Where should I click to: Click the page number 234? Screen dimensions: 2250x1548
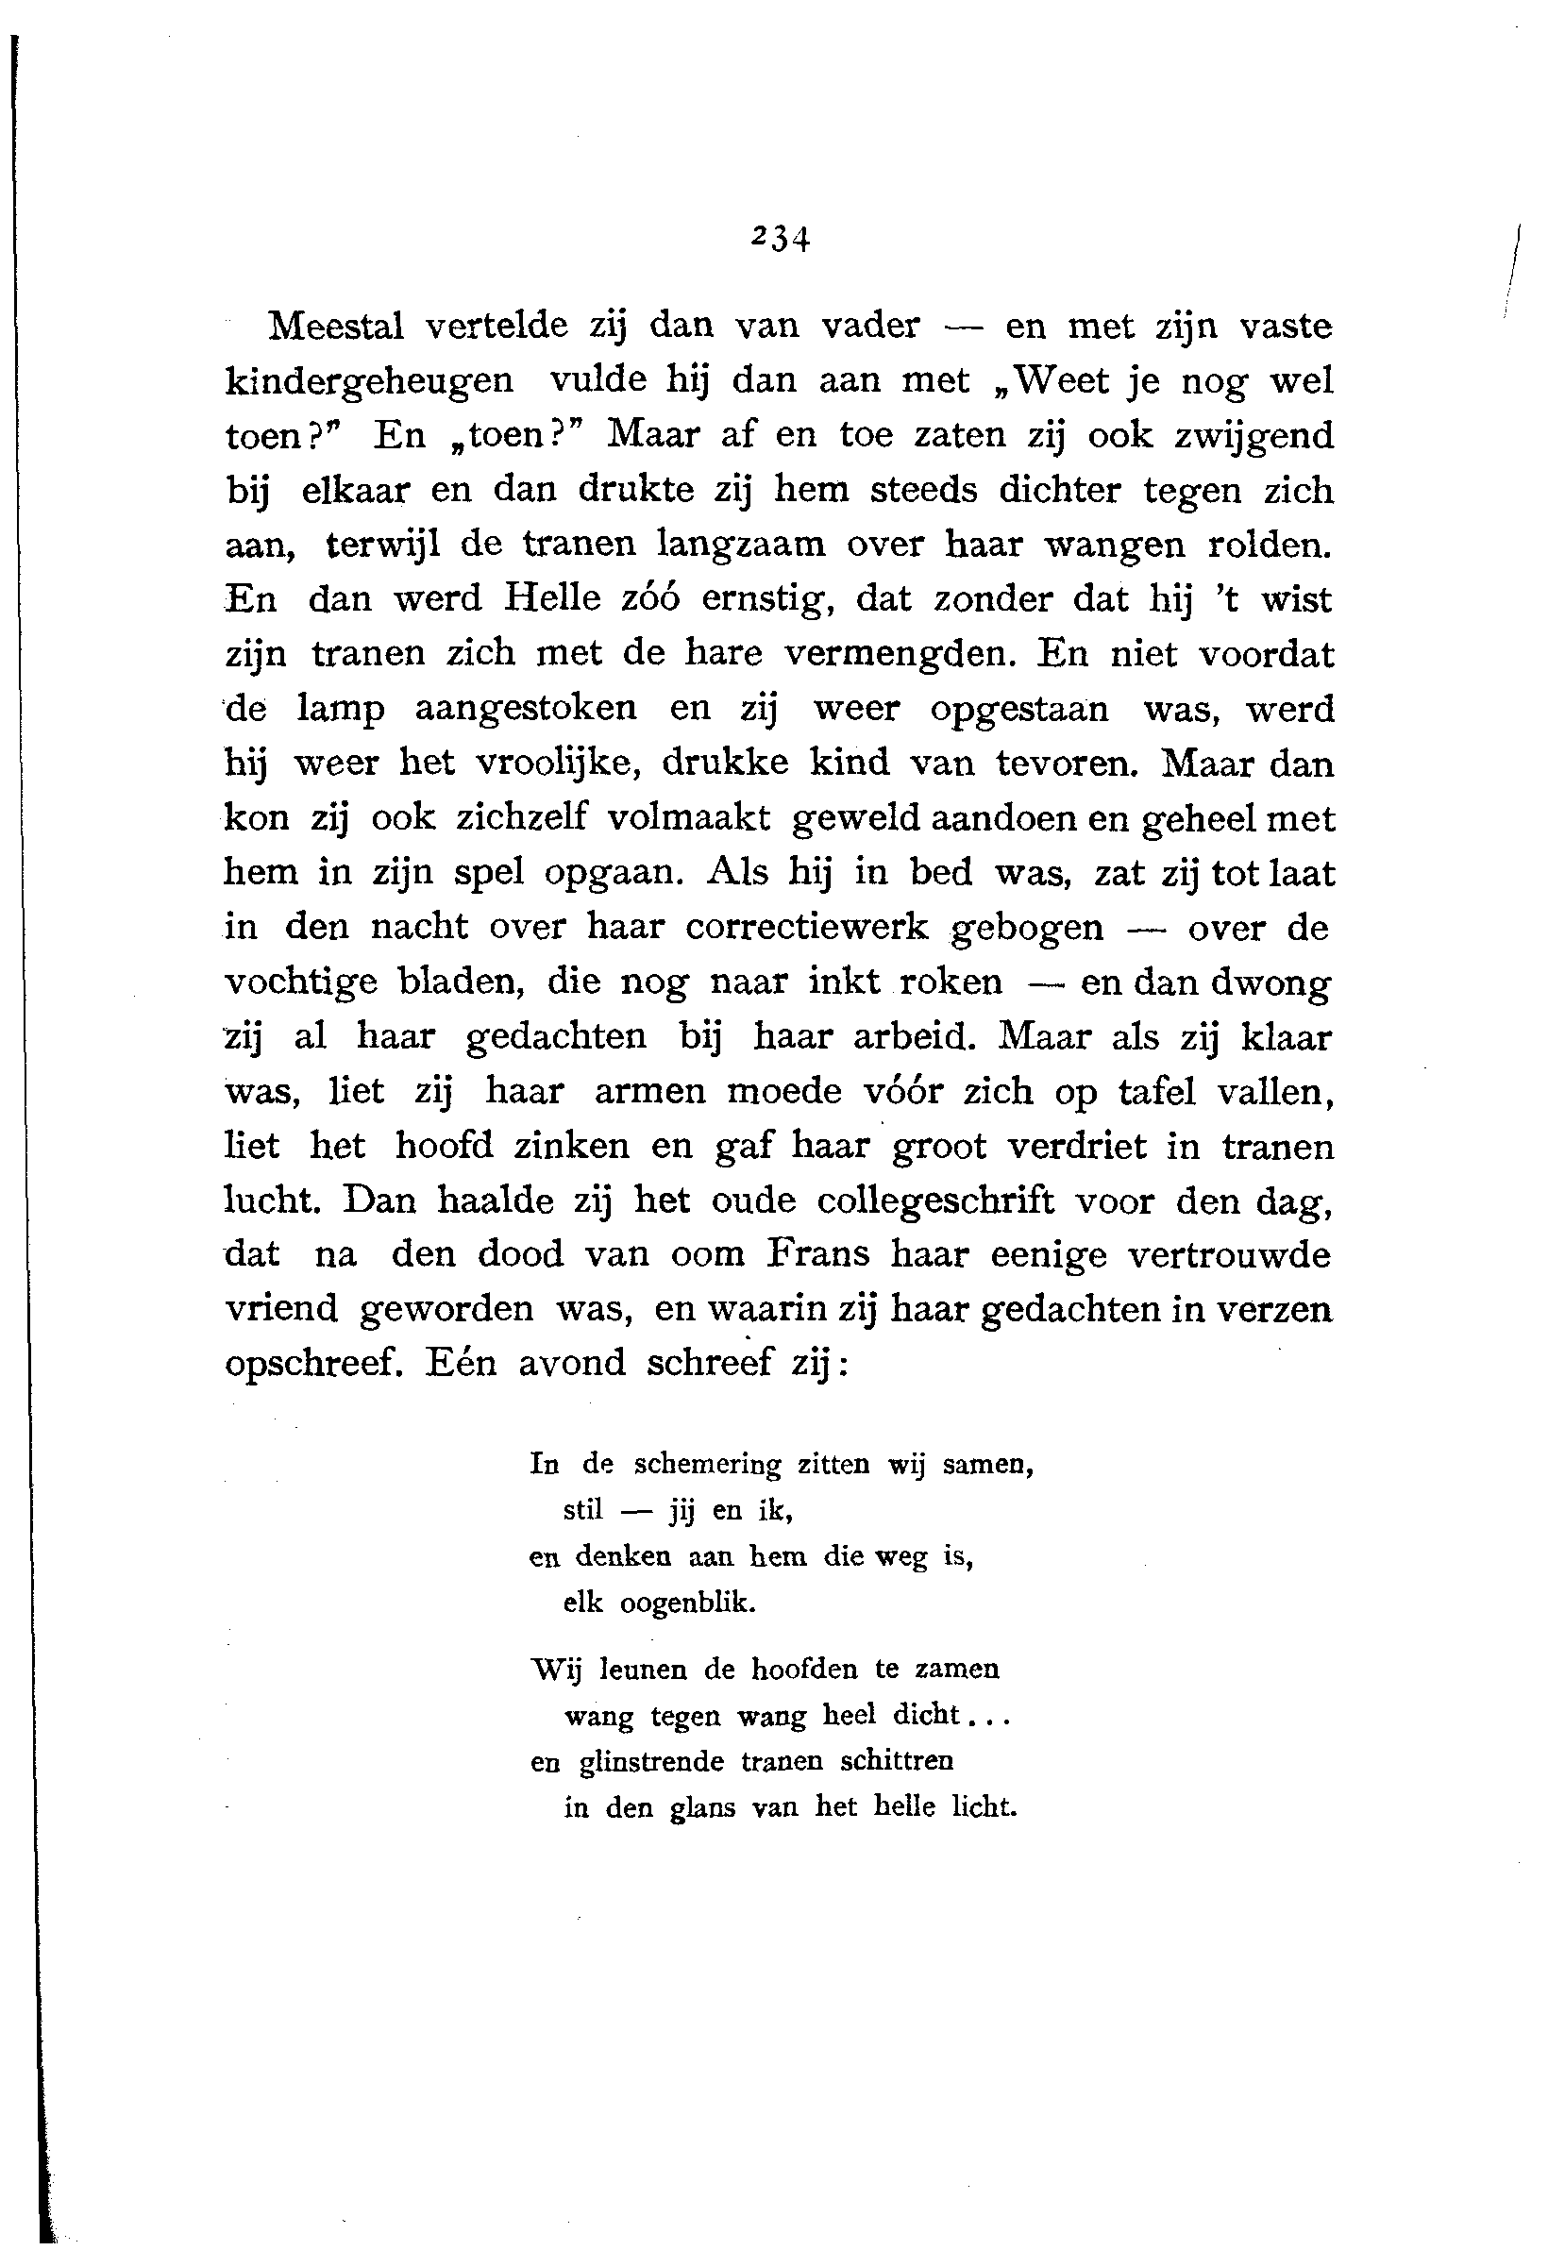780,238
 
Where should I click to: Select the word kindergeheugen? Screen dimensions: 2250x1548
370,381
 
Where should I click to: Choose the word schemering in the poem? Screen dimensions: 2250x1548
707,1465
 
